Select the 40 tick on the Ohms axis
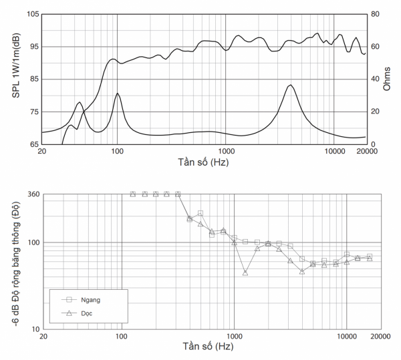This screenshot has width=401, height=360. coord(376,79)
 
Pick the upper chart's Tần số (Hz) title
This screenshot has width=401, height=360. coord(204,162)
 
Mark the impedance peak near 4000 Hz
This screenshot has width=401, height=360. coord(290,85)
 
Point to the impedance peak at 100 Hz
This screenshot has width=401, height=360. coord(118,94)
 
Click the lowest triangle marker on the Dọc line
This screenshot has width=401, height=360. coord(246,273)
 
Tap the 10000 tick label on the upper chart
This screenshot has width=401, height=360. coord(334,152)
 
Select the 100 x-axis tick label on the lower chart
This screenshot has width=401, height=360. coord(121,336)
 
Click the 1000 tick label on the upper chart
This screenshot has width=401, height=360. coord(225,152)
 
